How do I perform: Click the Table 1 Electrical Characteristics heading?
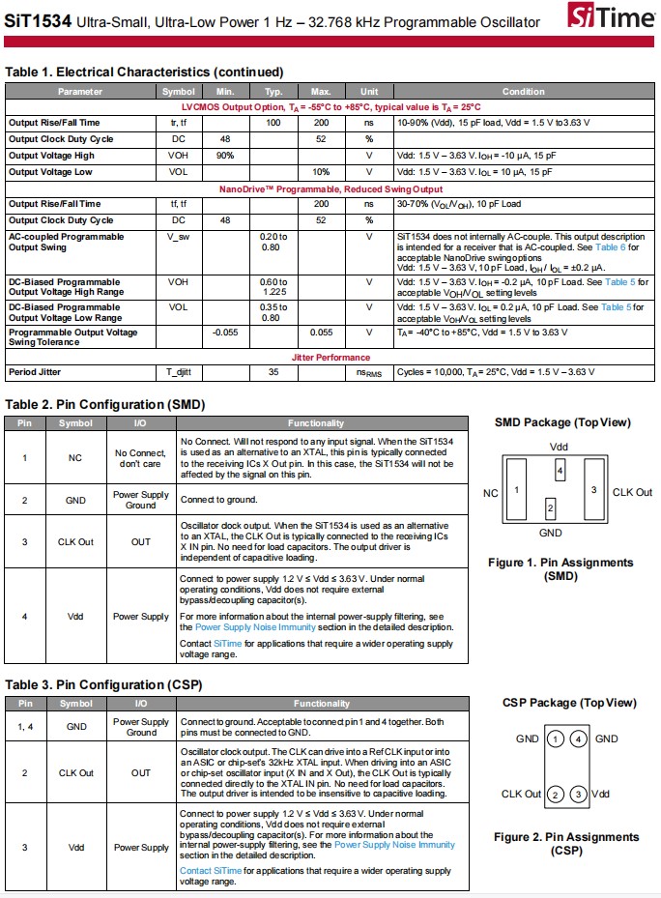point(144,72)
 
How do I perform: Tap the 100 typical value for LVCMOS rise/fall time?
point(273,123)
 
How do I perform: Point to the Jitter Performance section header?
point(330,357)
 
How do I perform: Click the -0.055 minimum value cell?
point(225,333)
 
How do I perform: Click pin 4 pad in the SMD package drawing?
point(560,470)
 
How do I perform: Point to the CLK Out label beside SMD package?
point(632,492)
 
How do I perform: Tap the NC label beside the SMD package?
point(491,493)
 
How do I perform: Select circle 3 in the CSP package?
point(579,795)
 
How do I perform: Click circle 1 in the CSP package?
point(555,739)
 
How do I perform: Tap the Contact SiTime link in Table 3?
point(211,870)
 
